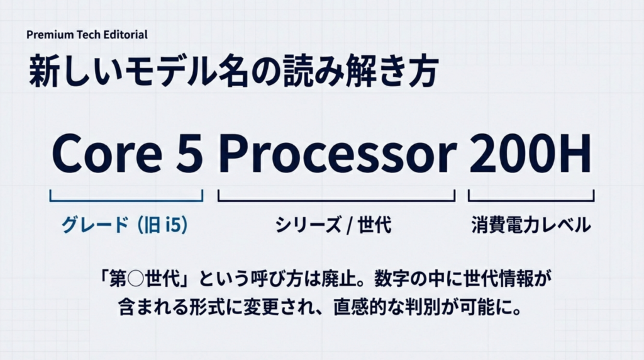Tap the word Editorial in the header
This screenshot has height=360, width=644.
coord(125,35)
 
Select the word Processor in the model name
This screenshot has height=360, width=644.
coord(338,154)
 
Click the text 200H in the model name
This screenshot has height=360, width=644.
coord(530,154)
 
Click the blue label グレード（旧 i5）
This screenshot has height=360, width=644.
coord(125,225)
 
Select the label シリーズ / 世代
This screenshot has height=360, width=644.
coord(333,225)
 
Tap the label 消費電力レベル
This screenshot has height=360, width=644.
coord(531,225)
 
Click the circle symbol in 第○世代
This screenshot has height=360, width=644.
coord(136,279)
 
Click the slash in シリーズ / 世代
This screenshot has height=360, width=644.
coord(349,225)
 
